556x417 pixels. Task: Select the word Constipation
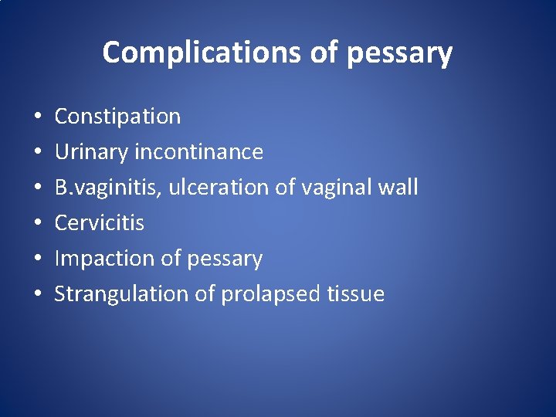(117, 117)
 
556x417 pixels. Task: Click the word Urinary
(91, 152)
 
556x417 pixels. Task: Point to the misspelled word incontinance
(198, 152)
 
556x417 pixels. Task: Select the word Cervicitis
(99, 223)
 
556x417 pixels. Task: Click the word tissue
(356, 294)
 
